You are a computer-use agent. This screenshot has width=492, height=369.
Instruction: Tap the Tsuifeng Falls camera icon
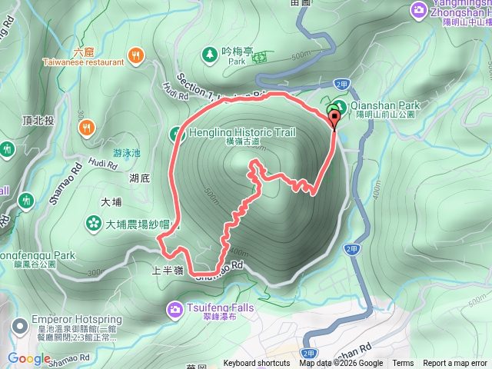pyautogui.click(x=175, y=309)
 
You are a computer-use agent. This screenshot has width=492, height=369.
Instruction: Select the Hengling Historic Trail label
pyautogui.click(x=241, y=132)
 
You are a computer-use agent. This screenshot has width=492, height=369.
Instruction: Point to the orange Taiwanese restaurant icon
pyautogui.click(x=136, y=54)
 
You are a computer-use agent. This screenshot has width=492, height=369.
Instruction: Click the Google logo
pyautogui.click(x=29, y=359)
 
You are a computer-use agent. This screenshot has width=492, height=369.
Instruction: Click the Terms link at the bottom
pyautogui.click(x=403, y=364)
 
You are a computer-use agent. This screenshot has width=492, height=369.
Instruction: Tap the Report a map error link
pyautogui.click(x=455, y=364)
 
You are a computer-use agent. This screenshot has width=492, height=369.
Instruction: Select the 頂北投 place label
pyautogui.click(x=38, y=121)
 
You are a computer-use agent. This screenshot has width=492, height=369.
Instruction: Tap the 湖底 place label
pyautogui.click(x=139, y=178)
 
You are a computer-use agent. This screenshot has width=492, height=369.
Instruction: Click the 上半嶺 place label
pyautogui.click(x=167, y=271)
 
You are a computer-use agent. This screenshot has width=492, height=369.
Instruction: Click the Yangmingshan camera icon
pyautogui.click(x=419, y=9)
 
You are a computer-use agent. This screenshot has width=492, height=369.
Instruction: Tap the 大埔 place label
pyautogui.click(x=111, y=202)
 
